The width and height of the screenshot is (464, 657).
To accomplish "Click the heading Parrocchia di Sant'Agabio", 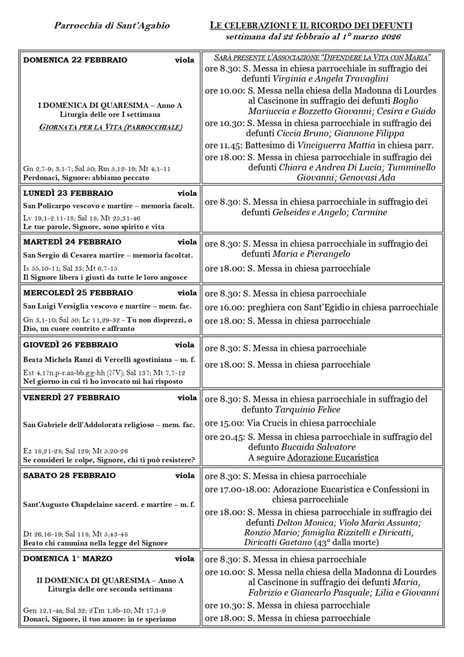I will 112,26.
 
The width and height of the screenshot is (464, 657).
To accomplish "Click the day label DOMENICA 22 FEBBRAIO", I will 75,60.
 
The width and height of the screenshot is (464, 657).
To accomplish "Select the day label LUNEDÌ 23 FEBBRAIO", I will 68,193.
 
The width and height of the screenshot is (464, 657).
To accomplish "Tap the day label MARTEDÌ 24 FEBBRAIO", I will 72,242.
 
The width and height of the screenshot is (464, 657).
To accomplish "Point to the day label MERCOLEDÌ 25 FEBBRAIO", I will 78,293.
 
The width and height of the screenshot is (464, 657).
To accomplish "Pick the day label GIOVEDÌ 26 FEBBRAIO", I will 70,345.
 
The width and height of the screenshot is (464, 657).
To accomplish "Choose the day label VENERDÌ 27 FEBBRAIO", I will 71,398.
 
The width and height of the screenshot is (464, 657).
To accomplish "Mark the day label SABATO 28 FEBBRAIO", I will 69,476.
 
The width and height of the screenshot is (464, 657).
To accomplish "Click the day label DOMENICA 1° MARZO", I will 68,559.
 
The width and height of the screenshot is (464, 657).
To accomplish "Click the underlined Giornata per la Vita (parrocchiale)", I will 111,127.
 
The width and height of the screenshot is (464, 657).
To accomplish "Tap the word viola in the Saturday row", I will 184,476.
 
